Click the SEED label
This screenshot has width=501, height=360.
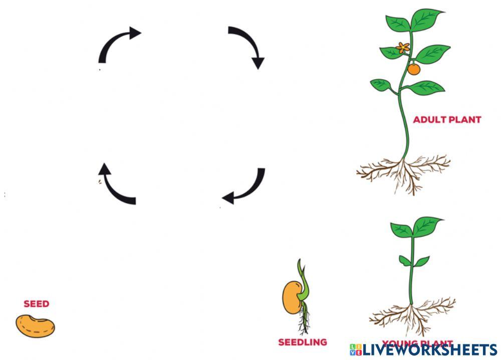click(x=37, y=304)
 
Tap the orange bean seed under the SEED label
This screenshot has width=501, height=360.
click(x=35, y=326)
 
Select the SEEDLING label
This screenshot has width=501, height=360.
click(x=303, y=342)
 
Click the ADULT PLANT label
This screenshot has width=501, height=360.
click(x=447, y=120)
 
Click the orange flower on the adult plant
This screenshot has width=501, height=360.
click(x=403, y=48)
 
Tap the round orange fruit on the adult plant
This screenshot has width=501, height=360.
click(x=413, y=69)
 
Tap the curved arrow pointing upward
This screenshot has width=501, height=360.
click(x=115, y=186)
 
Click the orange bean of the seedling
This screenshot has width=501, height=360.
click(x=291, y=297)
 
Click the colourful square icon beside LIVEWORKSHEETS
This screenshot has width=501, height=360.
click(x=356, y=349)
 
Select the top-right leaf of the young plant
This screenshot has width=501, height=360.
click(x=427, y=225)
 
